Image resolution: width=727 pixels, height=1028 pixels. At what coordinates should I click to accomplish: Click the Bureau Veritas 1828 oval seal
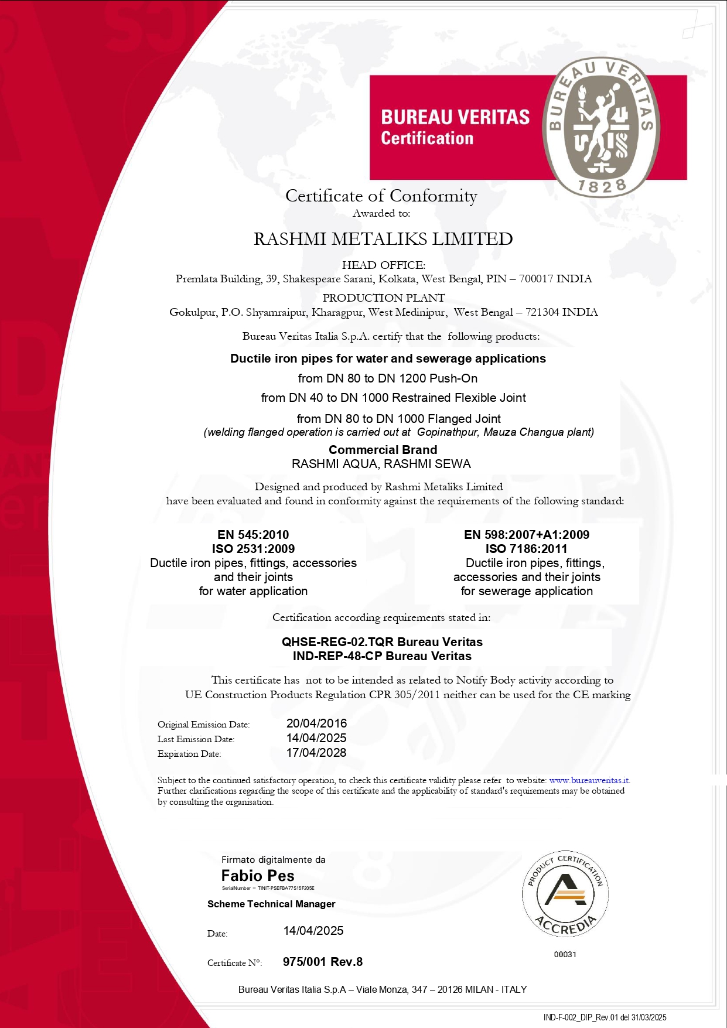(x=601, y=127)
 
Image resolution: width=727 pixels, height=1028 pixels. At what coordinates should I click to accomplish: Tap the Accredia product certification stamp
(x=565, y=893)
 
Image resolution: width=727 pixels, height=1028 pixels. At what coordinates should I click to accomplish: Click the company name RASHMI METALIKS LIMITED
(x=383, y=239)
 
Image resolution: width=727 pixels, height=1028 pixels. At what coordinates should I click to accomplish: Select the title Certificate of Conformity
(x=381, y=196)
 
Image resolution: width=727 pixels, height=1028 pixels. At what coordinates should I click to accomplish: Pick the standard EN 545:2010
(x=253, y=534)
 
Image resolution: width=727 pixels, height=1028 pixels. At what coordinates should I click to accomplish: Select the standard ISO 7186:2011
(x=526, y=549)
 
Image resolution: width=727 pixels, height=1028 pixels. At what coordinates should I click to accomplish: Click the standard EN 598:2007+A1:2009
(x=527, y=534)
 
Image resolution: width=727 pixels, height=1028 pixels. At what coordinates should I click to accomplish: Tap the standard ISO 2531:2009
(x=253, y=549)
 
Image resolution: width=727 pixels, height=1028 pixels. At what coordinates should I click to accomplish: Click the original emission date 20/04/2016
(x=316, y=723)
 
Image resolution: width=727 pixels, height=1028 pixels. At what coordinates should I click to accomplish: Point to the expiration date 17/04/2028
(x=316, y=753)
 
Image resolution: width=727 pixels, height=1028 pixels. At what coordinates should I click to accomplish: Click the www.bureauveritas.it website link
(x=589, y=780)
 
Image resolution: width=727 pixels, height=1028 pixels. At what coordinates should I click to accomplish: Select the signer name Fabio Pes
(x=258, y=876)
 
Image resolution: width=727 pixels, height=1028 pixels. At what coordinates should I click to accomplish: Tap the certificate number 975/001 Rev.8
(x=323, y=962)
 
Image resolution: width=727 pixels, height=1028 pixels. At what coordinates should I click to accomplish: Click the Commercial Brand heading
(x=383, y=450)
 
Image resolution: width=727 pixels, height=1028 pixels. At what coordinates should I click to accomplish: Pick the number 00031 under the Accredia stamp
(x=565, y=954)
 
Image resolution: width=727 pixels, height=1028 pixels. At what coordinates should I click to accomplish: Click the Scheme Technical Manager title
(x=271, y=904)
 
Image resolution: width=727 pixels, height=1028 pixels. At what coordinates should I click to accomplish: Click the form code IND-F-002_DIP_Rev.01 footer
(x=605, y=1017)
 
